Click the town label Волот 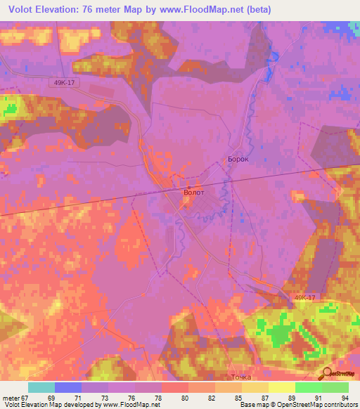(193, 191)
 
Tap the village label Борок (238, 160)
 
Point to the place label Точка (240, 377)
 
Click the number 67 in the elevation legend (21, 398)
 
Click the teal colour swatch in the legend (41, 387)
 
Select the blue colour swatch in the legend (68, 387)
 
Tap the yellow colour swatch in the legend (281, 387)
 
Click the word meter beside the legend (8, 398)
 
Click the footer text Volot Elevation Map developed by (46, 405)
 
